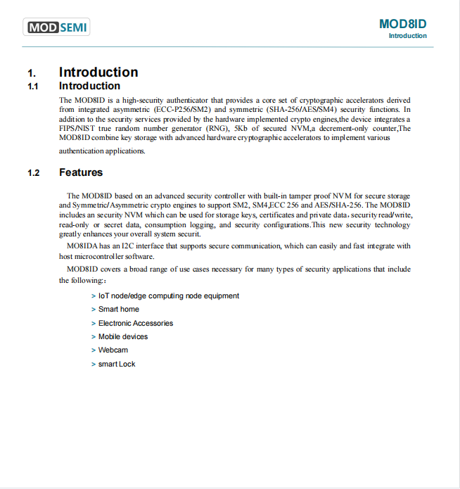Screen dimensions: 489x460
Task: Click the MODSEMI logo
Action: pos(58,28)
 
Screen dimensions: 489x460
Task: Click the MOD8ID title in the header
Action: pos(402,24)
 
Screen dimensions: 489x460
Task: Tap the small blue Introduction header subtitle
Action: pos(407,36)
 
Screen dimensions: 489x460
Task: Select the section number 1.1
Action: pos(32,87)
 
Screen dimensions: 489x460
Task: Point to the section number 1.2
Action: pos(33,173)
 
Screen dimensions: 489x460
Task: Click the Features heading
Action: pos(81,172)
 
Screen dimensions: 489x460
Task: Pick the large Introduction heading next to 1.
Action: pos(98,72)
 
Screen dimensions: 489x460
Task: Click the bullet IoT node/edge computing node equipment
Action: pos(168,296)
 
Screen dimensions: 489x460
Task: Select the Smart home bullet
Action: pos(118,310)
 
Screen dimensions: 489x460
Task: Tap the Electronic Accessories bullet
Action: pos(135,324)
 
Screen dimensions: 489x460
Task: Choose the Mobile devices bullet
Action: pos(122,337)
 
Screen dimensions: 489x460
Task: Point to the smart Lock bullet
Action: pos(117,364)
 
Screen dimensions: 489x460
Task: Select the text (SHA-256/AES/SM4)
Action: pos(303,110)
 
